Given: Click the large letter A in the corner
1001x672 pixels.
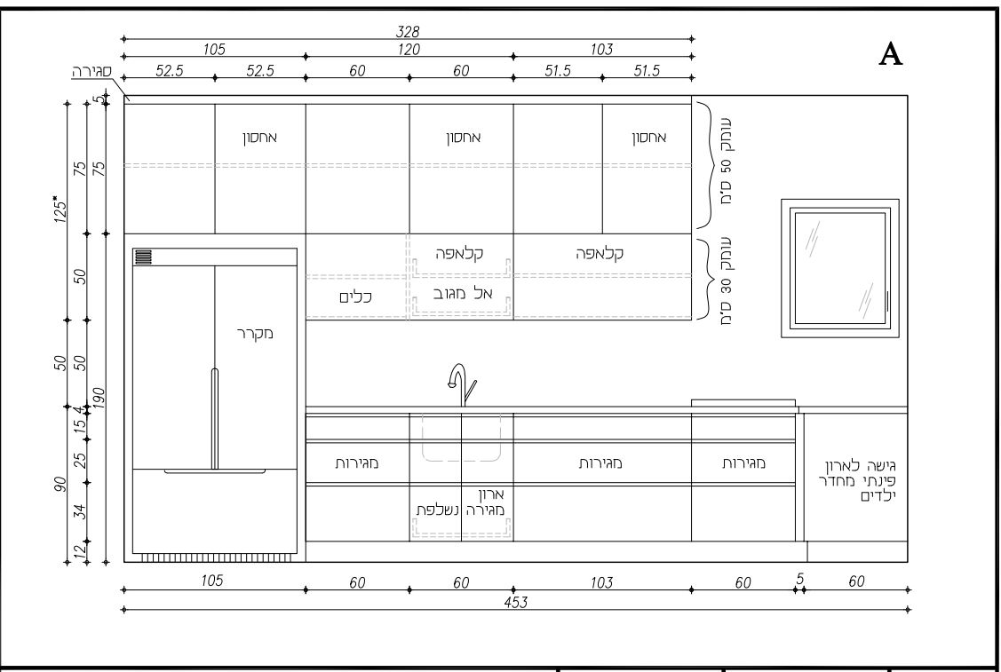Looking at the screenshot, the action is tap(891, 54).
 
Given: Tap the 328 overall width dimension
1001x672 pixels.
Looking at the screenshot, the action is tap(408, 31).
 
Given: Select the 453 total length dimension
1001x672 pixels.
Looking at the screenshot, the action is tap(516, 603).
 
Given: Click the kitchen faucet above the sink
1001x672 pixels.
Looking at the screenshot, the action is tap(462, 384).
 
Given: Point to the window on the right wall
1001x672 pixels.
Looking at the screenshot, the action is tap(839, 268).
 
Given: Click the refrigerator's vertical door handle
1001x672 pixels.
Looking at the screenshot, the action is tap(215, 419).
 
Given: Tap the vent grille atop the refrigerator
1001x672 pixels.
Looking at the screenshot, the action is tap(144, 257).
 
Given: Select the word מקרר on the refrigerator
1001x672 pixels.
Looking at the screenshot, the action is tap(255, 333).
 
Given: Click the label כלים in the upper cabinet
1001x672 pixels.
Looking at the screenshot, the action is tap(356, 297).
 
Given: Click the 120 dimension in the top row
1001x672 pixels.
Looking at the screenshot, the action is tap(409, 49).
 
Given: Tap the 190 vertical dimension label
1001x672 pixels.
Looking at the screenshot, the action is tap(99, 400).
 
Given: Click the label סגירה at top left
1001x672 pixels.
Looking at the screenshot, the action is tap(92, 71).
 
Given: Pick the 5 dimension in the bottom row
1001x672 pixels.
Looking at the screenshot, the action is tap(800, 578).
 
